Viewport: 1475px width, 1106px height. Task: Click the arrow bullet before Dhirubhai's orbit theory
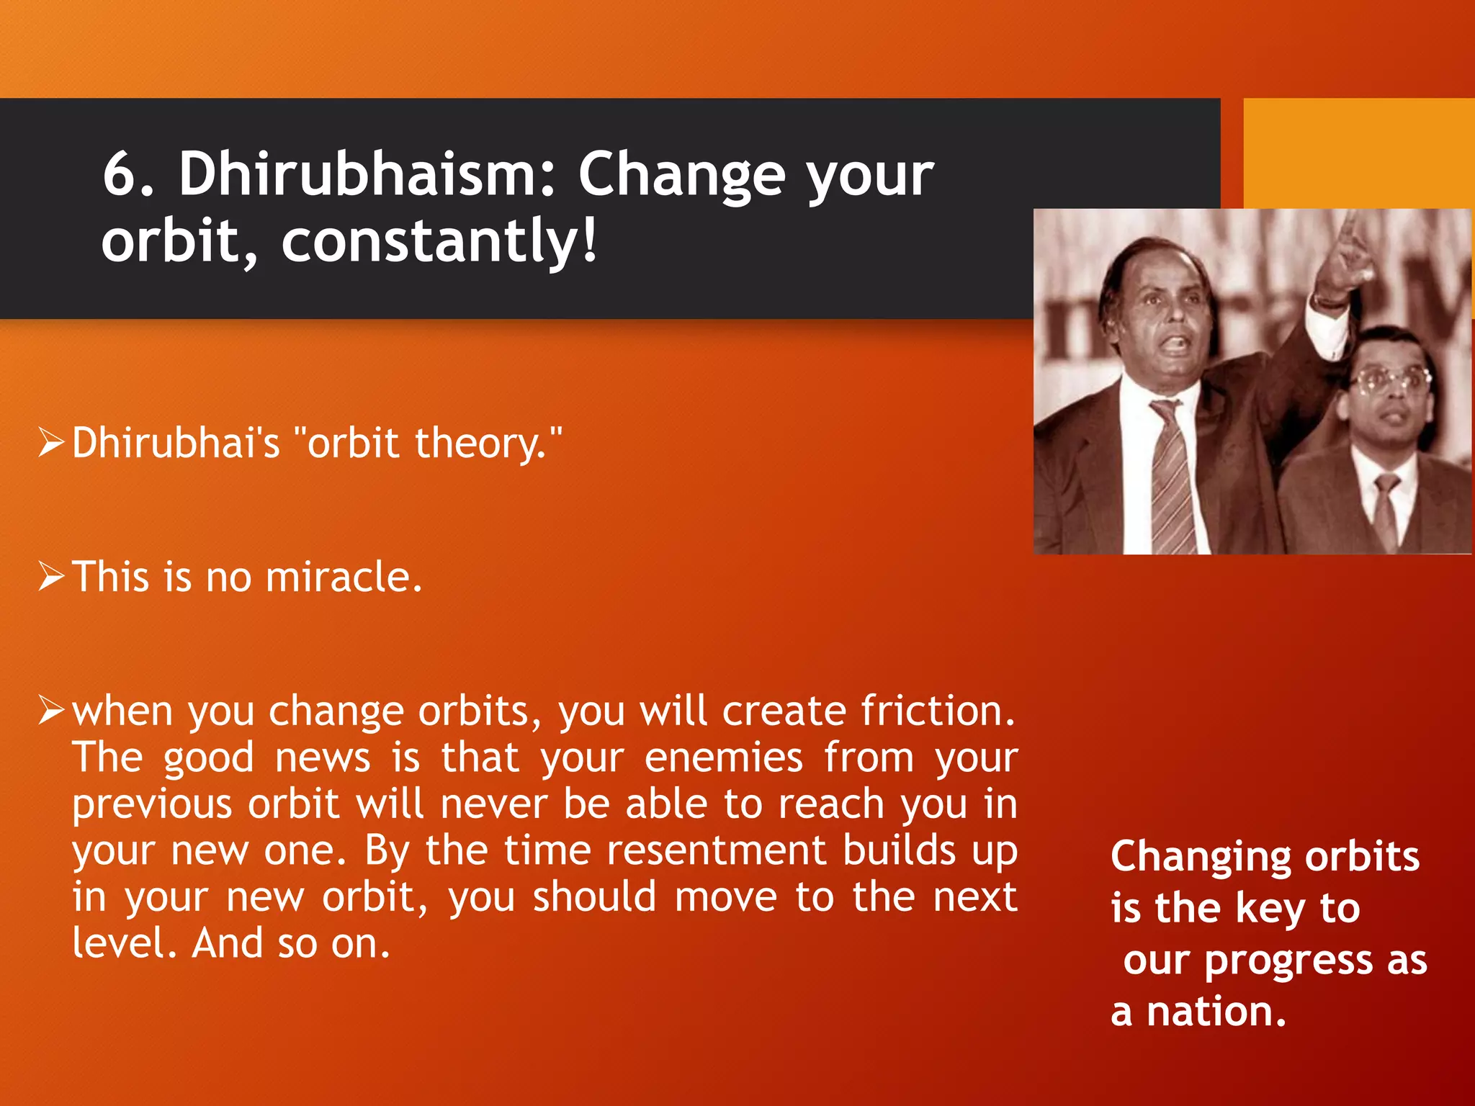pos(53,442)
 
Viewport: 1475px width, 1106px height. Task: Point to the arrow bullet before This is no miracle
pos(53,577)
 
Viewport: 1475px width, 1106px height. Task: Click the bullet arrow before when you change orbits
pos(53,711)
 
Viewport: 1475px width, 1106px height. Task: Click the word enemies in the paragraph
pos(723,757)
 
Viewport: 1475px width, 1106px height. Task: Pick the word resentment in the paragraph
pos(715,850)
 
